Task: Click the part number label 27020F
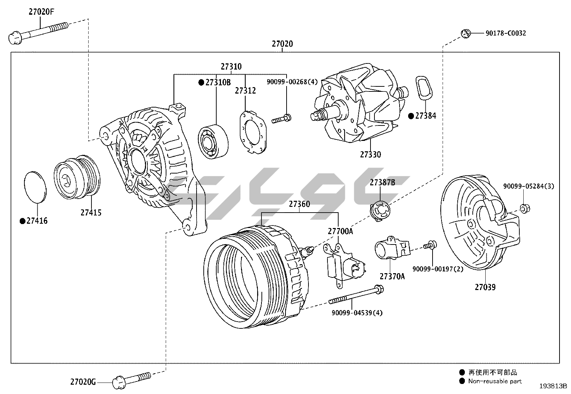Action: (42, 12)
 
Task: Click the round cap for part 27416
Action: (35, 187)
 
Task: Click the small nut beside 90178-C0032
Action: (465, 33)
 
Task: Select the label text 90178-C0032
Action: (506, 33)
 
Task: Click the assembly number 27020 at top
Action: (282, 44)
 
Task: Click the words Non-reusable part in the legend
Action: (495, 381)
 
